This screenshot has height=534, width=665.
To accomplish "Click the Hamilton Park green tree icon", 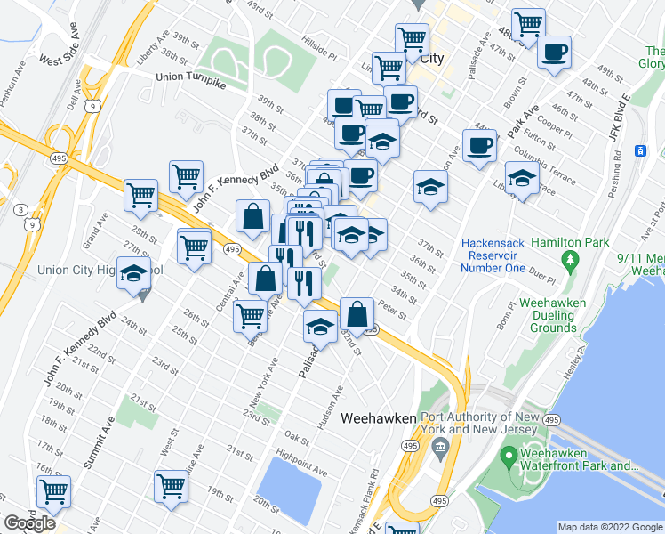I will pyautogui.click(x=569, y=260).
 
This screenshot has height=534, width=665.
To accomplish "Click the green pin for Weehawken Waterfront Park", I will pyautogui.click(x=509, y=458).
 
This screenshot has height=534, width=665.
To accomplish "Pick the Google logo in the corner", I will pyautogui.click(x=29, y=522).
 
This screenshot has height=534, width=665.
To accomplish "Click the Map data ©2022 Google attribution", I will pyautogui.click(x=609, y=527).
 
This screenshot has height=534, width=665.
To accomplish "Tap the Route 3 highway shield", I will pyautogui.click(x=20, y=208).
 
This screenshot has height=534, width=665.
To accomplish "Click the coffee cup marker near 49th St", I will pyautogui.click(x=556, y=52).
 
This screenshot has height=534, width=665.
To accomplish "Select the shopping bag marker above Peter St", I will pyautogui.click(x=357, y=313).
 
